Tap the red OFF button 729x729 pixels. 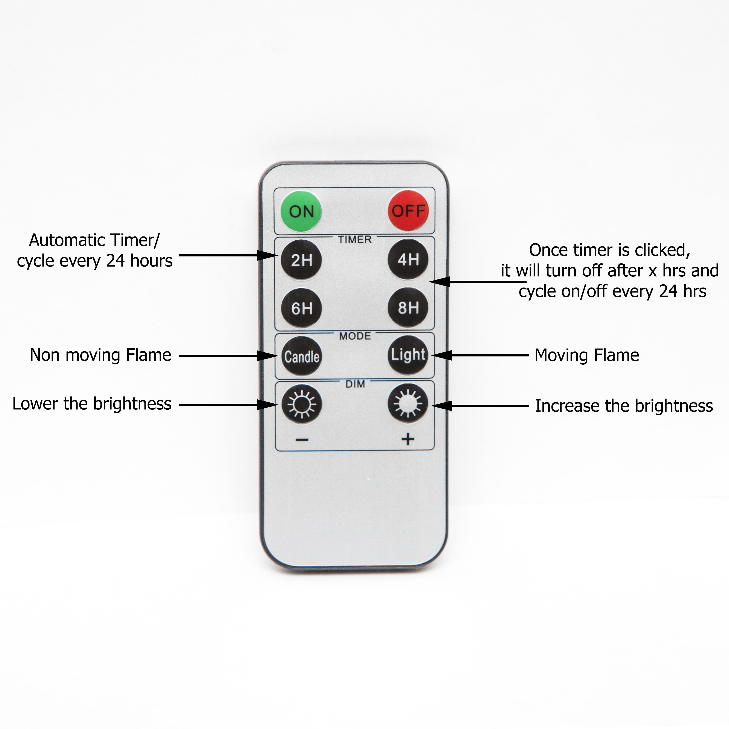coord(408,211)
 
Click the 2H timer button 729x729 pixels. coord(301,260)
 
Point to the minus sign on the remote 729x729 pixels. coord(302,440)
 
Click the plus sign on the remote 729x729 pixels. coord(408,439)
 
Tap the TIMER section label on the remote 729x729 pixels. coord(355,240)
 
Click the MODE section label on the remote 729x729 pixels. coord(355,336)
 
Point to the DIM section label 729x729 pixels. coord(355,384)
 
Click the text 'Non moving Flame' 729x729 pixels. coord(100,355)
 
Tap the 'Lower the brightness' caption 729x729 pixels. coord(92,404)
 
